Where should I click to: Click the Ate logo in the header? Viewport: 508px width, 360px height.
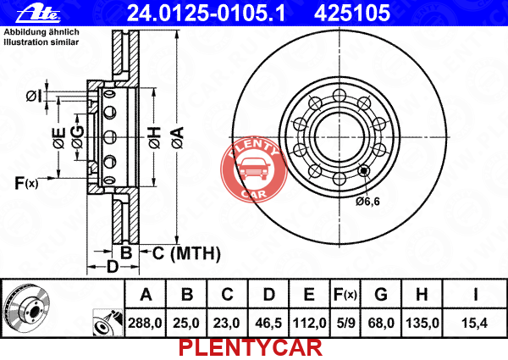pyautogui.click(x=38, y=14)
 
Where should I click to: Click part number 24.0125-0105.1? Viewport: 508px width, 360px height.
pyautogui.click(x=206, y=14)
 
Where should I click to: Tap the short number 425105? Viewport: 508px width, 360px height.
pyautogui.click(x=352, y=14)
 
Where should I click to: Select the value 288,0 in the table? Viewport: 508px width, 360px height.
pyautogui.click(x=145, y=323)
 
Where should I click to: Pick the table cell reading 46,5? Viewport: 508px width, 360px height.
pyautogui.click(x=268, y=323)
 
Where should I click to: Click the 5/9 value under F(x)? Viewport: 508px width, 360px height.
pyautogui.click(x=345, y=323)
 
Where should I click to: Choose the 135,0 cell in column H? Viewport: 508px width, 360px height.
pyautogui.click(x=422, y=323)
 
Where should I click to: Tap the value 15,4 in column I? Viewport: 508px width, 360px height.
pyautogui.click(x=475, y=323)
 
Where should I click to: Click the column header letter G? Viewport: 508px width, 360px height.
pyautogui.click(x=381, y=294)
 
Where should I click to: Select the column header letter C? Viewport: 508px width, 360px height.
pyautogui.click(x=227, y=294)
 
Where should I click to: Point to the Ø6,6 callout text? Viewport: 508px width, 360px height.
pyautogui.click(x=367, y=202)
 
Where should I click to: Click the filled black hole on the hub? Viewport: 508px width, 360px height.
pyautogui.click(x=364, y=170)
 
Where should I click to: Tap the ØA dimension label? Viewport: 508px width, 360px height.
pyautogui.click(x=178, y=138)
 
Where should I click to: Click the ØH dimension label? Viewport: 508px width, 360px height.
pyautogui.click(x=155, y=138)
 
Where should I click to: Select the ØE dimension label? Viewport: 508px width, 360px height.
pyautogui.click(x=59, y=138)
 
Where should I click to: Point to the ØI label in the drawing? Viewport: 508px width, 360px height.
pyautogui.click(x=34, y=97)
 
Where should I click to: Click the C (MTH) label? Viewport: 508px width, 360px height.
pyautogui.click(x=186, y=253)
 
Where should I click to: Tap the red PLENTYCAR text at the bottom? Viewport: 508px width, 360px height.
pyautogui.click(x=251, y=348)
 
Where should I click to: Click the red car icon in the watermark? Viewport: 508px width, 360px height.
pyautogui.click(x=254, y=169)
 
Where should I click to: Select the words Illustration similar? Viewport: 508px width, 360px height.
pyautogui.click(x=41, y=42)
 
